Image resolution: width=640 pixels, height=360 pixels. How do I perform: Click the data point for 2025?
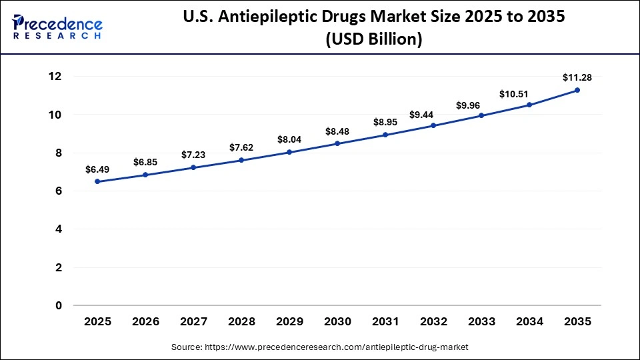click(x=97, y=181)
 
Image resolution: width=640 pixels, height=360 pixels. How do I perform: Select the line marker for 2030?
click(x=337, y=143)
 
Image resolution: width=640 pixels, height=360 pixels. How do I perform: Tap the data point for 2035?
click(x=577, y=90)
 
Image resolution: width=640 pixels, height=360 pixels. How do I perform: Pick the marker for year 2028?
click(x=241, y=160)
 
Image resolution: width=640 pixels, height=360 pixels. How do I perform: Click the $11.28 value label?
click(x=577, y=77)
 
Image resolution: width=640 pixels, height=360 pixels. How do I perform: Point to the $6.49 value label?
click(x=97, y=169)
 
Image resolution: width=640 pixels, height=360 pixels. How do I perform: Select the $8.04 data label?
click(x=289, y=140)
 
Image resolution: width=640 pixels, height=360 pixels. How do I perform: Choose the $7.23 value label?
click(x=193, y=155)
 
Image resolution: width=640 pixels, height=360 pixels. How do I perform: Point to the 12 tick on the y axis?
click(x=54, y=77)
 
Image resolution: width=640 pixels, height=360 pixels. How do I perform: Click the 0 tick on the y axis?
click(x=58, y=306)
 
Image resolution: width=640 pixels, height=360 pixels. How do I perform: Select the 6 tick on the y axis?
click(x=58, y=191)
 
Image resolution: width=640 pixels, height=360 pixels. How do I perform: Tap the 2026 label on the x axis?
click(x=145, y=322)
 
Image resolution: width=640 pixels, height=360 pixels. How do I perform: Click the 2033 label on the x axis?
click(x=481, y=322)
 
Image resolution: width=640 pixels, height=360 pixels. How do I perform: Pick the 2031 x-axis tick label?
click(x=385, y=322)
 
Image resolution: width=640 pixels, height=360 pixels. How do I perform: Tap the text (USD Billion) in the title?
click(x=373, y=39)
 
